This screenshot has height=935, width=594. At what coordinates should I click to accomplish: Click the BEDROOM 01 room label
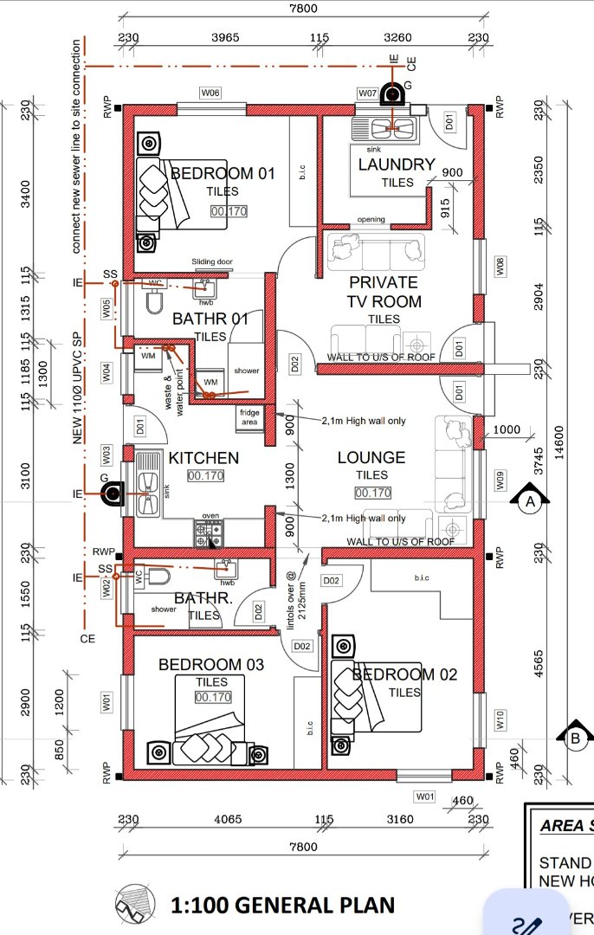[x=223, y=173]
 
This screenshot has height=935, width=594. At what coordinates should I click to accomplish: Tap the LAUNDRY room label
[x=396, y=164]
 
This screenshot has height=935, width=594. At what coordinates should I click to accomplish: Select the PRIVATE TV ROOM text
[x=384, y=292]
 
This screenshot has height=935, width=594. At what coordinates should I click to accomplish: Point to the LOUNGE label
[x=371, y=457]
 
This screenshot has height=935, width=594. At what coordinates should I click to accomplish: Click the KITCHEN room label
[x=203, y=457]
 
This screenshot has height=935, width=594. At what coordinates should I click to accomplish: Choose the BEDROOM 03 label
[x=211, y=665]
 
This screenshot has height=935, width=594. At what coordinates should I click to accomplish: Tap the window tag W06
[x=210, y=93]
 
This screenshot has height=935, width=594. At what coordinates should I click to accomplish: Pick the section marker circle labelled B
[x=575, y=738]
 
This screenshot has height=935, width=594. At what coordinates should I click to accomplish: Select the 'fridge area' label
[x=249, y=417]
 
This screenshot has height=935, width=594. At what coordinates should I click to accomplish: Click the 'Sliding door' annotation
[x=212, y=261]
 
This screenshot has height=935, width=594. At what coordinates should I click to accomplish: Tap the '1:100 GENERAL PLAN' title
[x=283, y=906]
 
